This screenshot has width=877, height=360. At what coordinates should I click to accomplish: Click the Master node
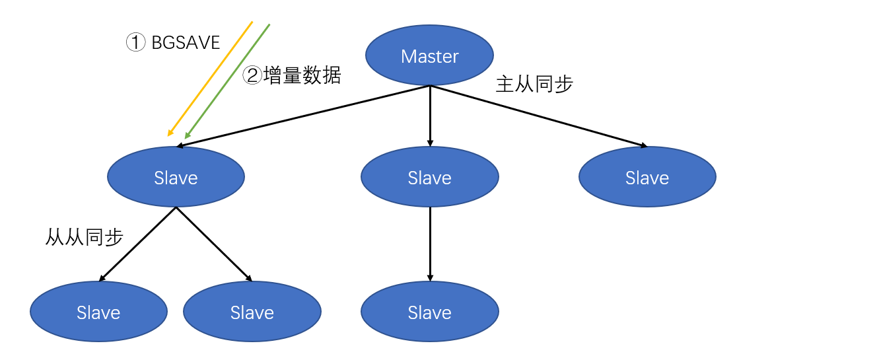click(x=430, y=56)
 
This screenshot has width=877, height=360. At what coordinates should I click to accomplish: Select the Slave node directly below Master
click(x=430, y=177)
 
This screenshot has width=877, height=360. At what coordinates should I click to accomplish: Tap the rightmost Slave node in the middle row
click(x=647, y=177)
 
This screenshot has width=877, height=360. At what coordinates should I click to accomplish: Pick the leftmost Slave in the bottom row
click(x=98, y=312)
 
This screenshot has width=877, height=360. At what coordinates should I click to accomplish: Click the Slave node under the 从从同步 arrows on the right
click(x=252, y=312)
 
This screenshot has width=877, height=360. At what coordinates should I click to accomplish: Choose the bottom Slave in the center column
click(x=430, y=312)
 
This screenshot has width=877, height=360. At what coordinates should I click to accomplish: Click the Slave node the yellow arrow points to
click(x=176, y=177)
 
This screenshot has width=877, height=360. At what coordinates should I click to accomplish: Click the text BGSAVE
click(x=186, y=43)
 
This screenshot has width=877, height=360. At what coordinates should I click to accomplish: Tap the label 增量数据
click(x=302, y=76)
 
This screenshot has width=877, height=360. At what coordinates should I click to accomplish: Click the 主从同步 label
click(x=534, y=85)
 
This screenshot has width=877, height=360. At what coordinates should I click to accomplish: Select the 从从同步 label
click(x=85, y=238)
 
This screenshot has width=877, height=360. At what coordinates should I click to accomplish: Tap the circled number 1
click(x=135, y=43)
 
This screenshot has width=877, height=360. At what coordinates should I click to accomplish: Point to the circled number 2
click(x=252, y=76)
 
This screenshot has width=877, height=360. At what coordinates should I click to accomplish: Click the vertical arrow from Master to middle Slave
click(x=430, y=116)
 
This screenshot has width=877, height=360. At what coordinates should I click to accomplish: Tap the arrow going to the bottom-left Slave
click(x=137, y=244)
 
